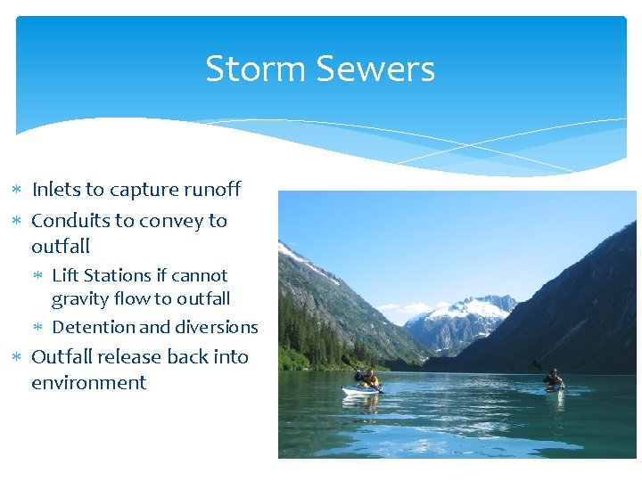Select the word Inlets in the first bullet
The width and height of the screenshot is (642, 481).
point(55,190)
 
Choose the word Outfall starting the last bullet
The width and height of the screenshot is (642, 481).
point(62,356)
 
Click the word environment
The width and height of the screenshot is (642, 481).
point(88,383)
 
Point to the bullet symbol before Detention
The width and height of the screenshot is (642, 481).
point(40,328)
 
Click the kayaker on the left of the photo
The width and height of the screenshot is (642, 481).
point(368,379)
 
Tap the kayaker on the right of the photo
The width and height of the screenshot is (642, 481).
point(554,379)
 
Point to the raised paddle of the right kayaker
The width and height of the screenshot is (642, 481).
point(538,365)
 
